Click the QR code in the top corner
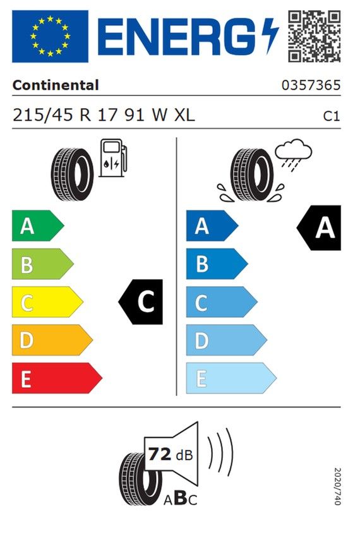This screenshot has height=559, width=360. (x=314, y=36)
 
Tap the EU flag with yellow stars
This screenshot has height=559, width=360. (x=50, y=36)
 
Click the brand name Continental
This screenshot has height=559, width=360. (x=55, y=85)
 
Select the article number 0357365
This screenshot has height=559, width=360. (x=311, y=85)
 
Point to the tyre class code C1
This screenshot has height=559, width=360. (x=331, y=116)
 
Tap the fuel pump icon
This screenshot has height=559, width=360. (x=112, y=158)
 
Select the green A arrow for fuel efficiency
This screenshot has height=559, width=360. (x=38, y=225)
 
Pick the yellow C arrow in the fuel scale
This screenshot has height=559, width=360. (x=47, y=301)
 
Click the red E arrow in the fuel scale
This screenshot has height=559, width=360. (x=57, y=378)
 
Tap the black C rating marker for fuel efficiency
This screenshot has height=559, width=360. (x=140, y=301)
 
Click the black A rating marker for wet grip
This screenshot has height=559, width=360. (x=319, y=228)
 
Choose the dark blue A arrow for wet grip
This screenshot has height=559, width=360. (x=212, y=225)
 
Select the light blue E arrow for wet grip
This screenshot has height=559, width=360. (x=231, y=378)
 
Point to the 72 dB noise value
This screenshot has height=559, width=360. (x=171, y=455)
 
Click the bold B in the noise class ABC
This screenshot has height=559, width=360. (x=181, y=498)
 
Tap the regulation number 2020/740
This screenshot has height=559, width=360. (x=337, y=486)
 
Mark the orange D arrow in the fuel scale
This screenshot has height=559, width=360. (x=52, y=340)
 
